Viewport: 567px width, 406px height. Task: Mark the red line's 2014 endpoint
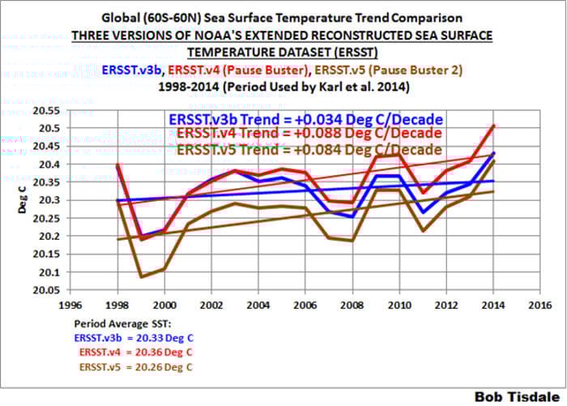tap(493, 126)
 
